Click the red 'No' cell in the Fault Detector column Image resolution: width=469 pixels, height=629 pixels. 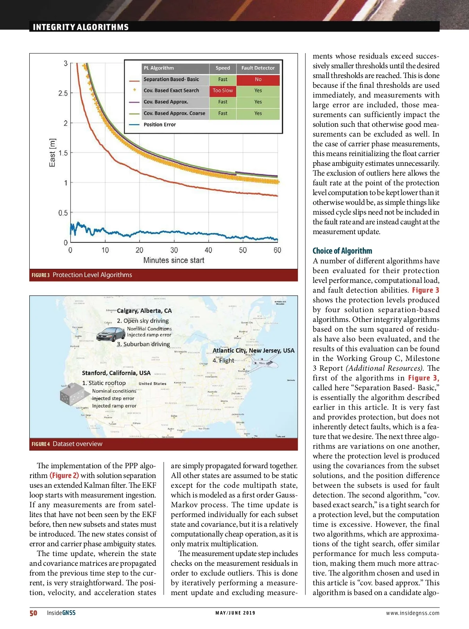pyautogui.click(x=258, y=79)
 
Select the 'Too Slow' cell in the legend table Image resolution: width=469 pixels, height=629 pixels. pyautogui.click(x=223, y=91)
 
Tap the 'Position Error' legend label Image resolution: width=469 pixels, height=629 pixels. pyautogui.click(x=159, y=124)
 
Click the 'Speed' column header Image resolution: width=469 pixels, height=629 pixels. pyautogui.click(x=223, y=68)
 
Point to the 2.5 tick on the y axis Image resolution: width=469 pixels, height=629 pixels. pyautogui.click(x=63, y=93)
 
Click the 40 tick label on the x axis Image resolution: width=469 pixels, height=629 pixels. pyautogui.click(x=208, y=250)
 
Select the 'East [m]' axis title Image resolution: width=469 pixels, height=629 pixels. pyautogui.click(x=52, y=153)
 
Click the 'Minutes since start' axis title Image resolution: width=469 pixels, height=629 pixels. pyautogui.click(x=174, y=260)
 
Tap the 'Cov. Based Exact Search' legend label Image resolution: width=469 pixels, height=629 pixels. pyautogui.click(x=171, y=91)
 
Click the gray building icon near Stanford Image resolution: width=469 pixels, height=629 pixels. pyautogui.click(x=74, y=395)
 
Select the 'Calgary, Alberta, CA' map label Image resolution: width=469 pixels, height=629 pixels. pyautogui.click(x=144, y=311)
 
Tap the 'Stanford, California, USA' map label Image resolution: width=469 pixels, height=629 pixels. pyautogui.click(x=116, y=373)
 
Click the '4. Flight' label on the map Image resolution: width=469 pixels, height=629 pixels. pyautogui.click(x=223, y=361)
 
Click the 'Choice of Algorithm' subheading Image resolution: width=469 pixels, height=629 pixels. pyautogui.click(x=342, y=251)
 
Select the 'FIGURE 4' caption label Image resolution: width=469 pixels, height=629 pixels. pyautogui.click(x=41, y=444)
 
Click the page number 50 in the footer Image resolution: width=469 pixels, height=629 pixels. pyautogui.click(x=34, y=613)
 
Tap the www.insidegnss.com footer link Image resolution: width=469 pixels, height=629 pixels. pyautogui.click(x=412, y=613)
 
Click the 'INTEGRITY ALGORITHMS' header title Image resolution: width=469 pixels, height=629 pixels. pyautogui.click(x=81, y=27)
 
